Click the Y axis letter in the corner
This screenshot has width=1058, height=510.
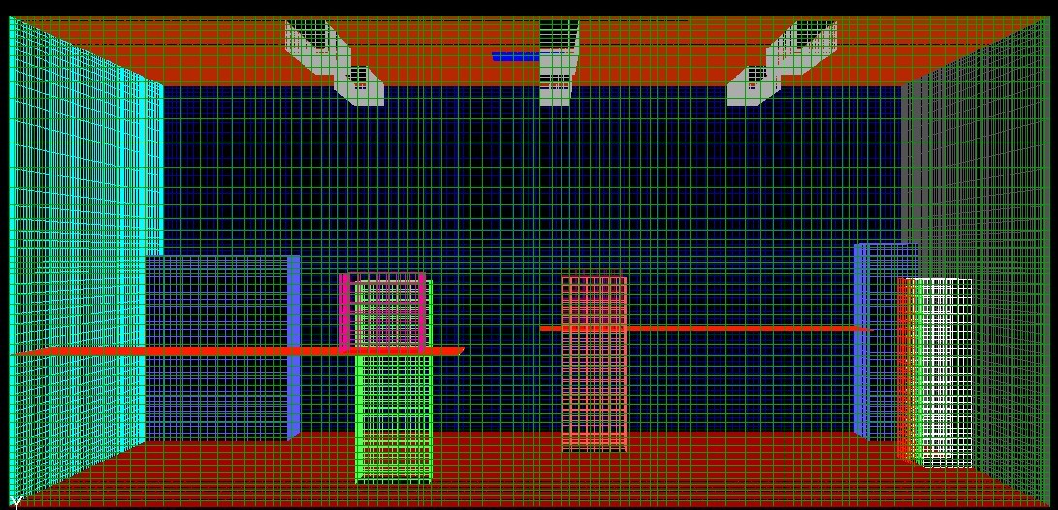click(15, 502)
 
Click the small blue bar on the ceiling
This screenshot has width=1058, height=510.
click(515, 57)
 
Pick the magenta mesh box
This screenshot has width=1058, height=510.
click(384, 312)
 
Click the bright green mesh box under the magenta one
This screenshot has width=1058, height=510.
click(394, 417)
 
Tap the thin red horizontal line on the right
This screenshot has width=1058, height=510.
click(708, 329)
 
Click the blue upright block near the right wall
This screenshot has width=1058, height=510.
click(861, 339)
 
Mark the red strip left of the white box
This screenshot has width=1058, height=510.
click(903, 368)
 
